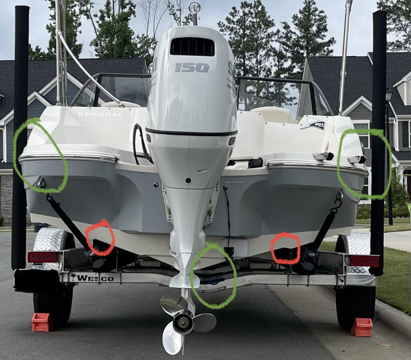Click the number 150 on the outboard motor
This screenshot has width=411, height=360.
[x=191, y=67]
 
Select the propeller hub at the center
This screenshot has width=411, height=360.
[x=183, y=322]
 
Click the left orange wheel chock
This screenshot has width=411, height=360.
[x=42, y=322]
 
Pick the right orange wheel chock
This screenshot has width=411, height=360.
[x=362, y=327]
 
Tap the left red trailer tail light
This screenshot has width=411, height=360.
[x=43, y=257]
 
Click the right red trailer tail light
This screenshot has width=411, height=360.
[x=364, y=261]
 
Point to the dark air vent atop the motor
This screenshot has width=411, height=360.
[x=192, y=47]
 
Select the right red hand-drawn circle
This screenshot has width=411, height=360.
[x=285, y=248]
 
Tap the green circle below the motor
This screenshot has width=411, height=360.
[x=213, y=276]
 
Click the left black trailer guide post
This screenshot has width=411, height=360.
[x=20, y=137]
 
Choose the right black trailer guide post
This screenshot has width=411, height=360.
[x=378, y=141]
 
